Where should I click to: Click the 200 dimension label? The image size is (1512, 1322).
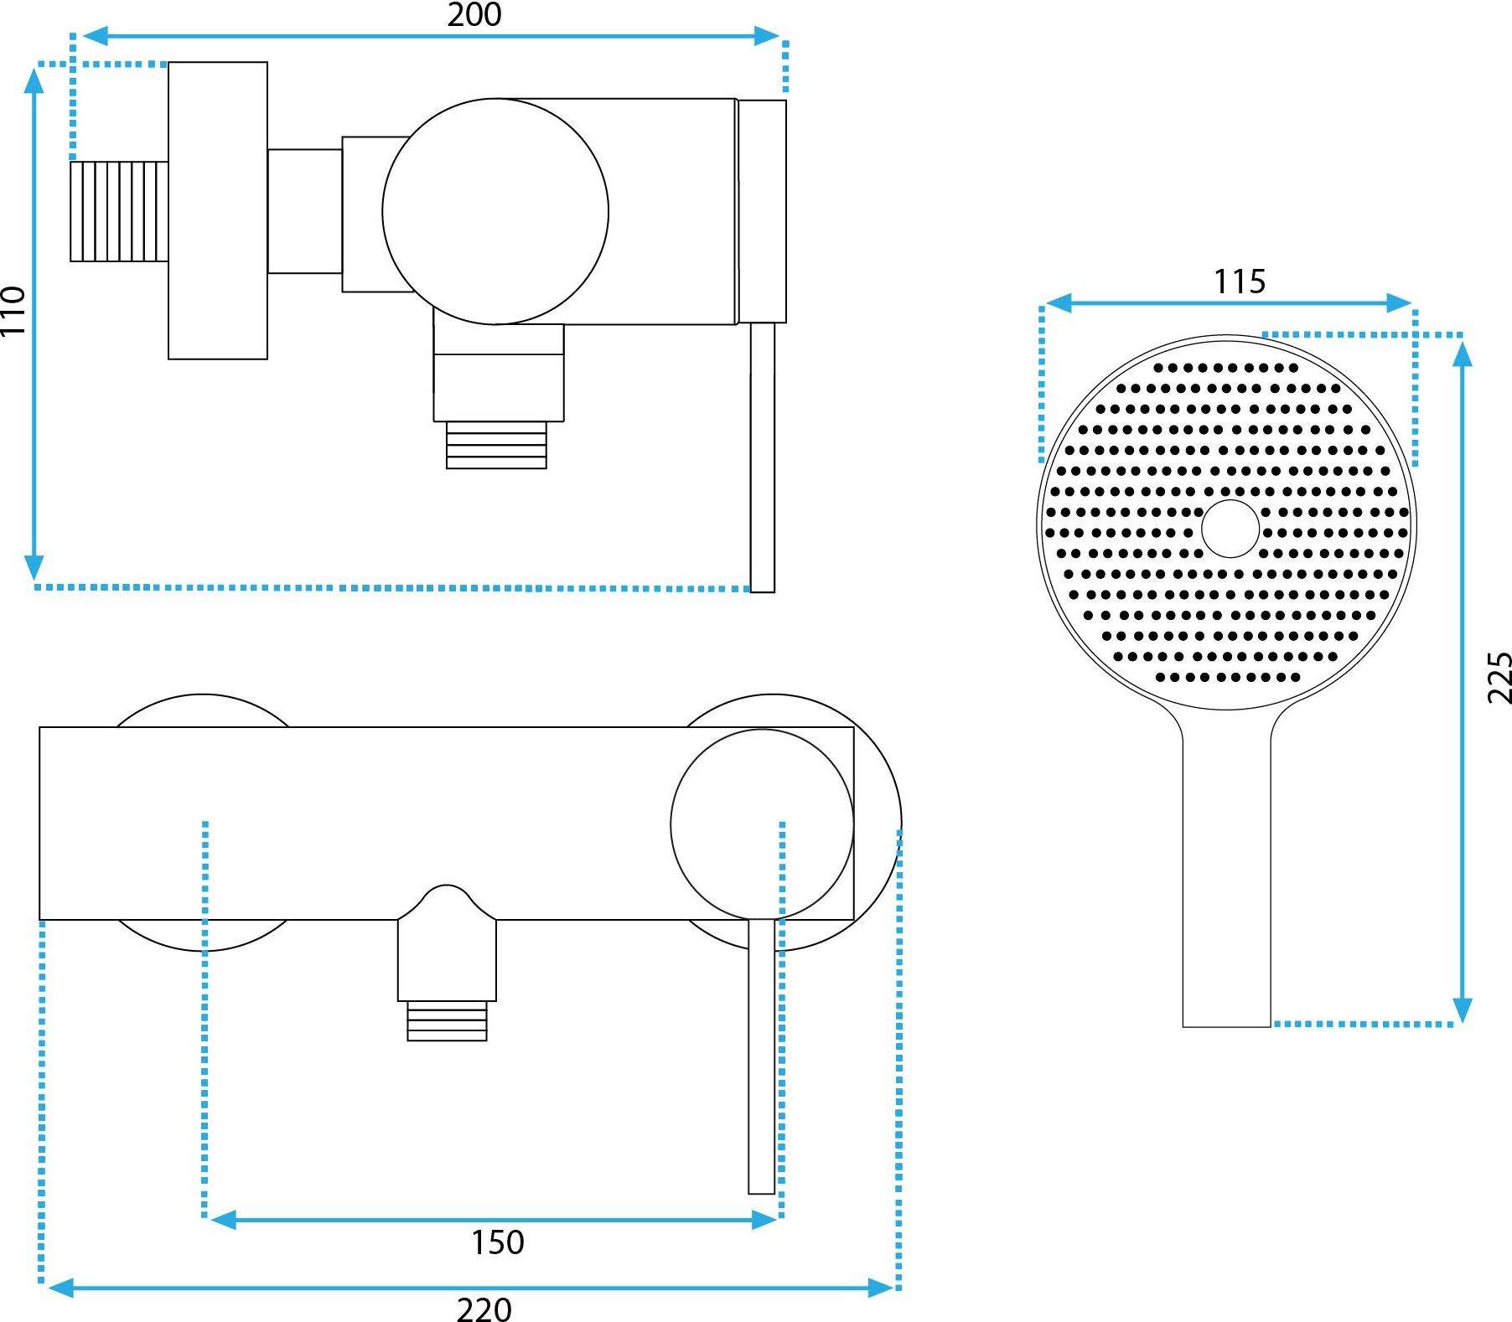(474, 15)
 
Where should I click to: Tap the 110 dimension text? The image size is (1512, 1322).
(13, 311)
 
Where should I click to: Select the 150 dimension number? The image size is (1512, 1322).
(497, 1242)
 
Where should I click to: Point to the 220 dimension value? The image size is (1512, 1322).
(484, 1309)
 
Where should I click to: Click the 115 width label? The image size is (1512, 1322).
(1240, 281)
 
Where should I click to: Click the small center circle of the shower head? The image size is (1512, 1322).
(1230, 529)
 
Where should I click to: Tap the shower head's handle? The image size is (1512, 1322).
(1226, 880)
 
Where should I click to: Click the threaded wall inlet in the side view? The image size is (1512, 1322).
(119, 211)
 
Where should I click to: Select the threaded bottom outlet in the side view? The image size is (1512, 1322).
(496, 445)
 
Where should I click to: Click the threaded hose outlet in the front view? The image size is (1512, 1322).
(447, 1021)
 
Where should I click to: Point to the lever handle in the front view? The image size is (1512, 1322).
(761, 1056)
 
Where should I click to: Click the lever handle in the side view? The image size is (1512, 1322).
(762, 457)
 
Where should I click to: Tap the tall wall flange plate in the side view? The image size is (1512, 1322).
(218, 210)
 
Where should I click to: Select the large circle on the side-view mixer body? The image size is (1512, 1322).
(495, 211)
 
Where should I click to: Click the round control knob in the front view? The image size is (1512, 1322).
(761, 824)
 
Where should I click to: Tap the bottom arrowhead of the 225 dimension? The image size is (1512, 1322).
(1462, 1010)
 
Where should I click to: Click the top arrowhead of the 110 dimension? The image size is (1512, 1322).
(34, 81)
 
